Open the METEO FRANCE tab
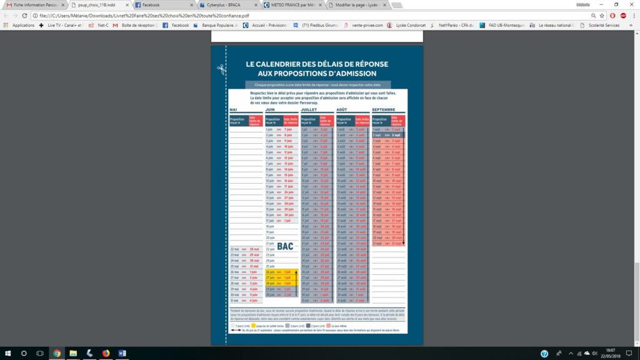pyautogui.click(x=291, y=5)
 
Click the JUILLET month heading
pyautogui.click(x=309, y=110)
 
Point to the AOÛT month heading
pyautogui.click(x=343, y=110)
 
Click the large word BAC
pyautogui.click(x=285, y=246)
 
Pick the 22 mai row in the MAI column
pyautogui.click(x=244, y=249)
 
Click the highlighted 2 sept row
pyautogui.click(x=388, y=135)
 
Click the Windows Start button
pyautogui.click(x=8, y=354)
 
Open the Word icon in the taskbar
pyautogui.click(x=122, y=354)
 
